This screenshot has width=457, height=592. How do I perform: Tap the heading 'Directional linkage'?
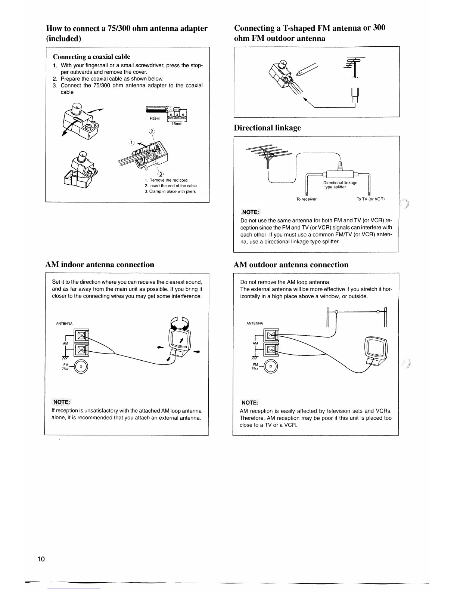267,128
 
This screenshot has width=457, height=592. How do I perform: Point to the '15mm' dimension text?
177,124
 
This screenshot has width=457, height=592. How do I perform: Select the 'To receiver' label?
306,199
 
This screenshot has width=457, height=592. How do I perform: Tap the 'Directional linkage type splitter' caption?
340,185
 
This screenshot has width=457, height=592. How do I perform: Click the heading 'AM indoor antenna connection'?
99,265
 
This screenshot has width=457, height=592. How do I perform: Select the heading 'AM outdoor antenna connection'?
291,265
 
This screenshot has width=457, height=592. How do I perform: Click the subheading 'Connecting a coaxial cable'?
91,57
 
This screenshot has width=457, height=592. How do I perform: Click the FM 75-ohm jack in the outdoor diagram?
271,367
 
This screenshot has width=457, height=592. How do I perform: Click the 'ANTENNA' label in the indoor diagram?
64,323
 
